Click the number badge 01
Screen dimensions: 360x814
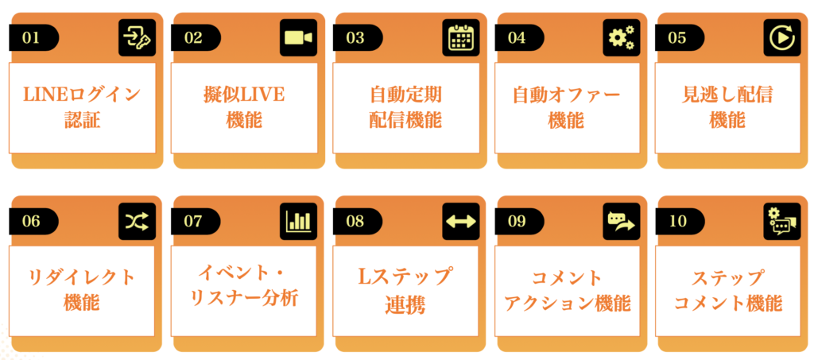click(32, 37)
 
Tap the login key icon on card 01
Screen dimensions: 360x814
click(137, 37)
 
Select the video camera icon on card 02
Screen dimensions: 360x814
click(299, 37)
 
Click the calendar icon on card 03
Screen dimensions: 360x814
click(461, 37)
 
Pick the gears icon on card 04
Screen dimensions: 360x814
click(622, 37)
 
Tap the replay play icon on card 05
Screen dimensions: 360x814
click(782, 37)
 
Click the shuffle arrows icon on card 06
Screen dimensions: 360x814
click(137, 221)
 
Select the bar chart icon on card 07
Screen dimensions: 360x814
click(299, 221)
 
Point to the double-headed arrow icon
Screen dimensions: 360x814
click(461, 221)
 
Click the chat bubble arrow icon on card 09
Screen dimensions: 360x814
click(622, 221)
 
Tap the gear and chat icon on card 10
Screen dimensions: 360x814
click(782, 221)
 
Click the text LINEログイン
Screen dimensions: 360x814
click(82, 95)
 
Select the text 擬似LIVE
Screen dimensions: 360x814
click(244, 95)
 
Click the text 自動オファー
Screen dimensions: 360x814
click(566, 95)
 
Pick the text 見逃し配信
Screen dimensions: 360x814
click(727, 95)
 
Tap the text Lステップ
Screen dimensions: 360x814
click(405, 277)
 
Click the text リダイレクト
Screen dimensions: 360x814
click(82, 277)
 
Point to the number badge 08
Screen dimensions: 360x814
click(355, 221)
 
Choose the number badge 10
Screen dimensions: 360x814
click(677, 221)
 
